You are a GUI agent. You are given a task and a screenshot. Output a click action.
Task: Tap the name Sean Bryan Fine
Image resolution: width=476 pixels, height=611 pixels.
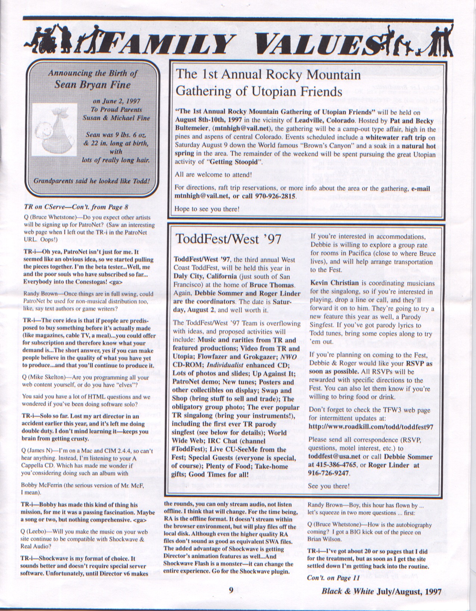click(93, 85)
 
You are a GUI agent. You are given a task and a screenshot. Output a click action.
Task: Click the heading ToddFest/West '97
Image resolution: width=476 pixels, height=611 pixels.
click(228, 239)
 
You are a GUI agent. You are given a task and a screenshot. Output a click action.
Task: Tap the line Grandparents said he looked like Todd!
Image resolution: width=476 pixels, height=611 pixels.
click(92, 181)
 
